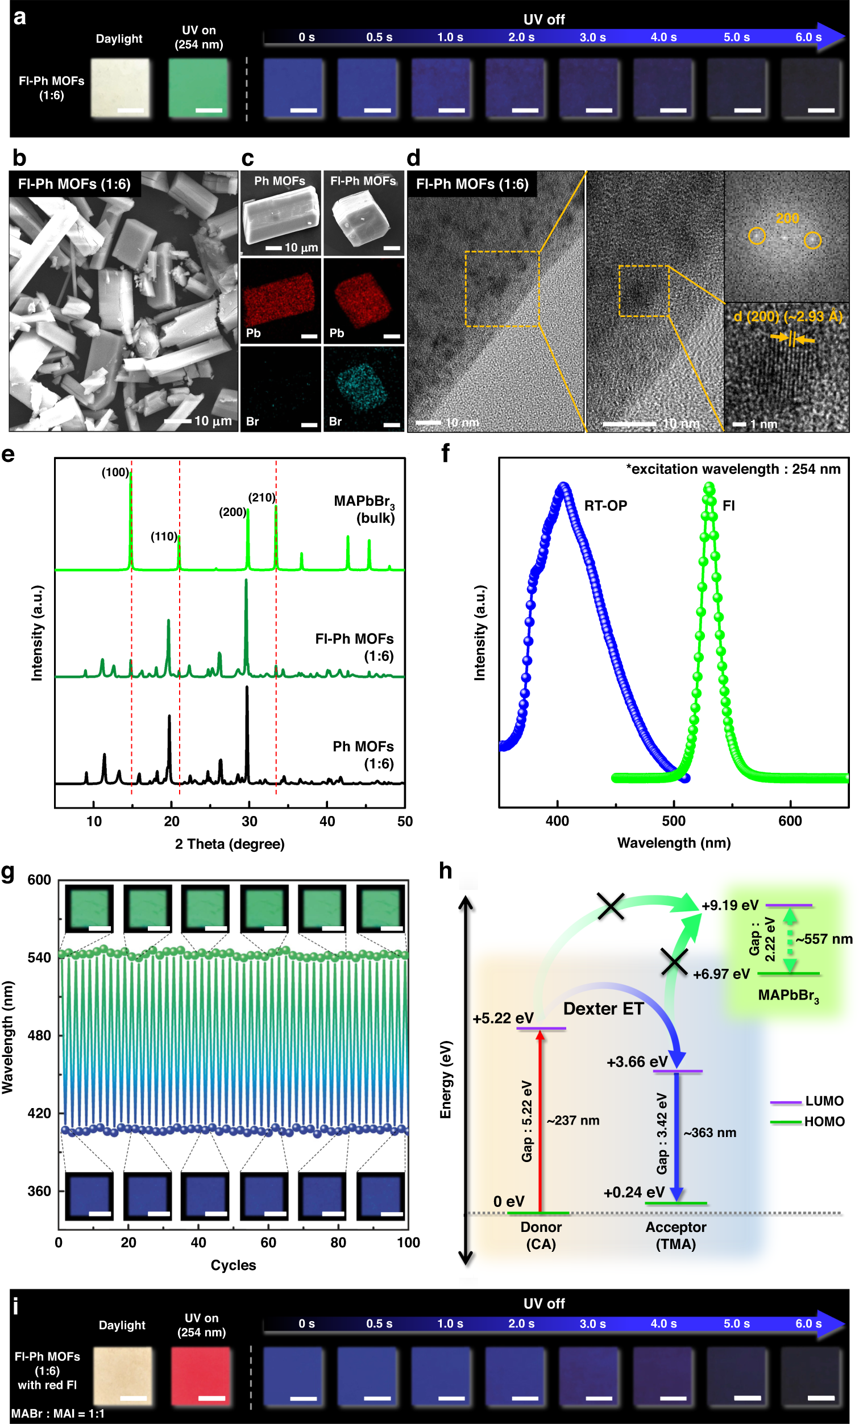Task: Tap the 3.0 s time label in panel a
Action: point(592,38)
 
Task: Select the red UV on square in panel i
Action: point(201,1374)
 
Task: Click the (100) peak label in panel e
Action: point(115,472)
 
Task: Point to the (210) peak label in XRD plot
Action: point(262,498)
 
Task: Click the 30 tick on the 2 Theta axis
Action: point(249,821)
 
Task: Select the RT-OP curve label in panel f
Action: point(605,506)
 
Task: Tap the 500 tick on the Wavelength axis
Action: point(674,821)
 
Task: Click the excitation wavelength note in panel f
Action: point(733,469)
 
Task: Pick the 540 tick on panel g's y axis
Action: point(39,957)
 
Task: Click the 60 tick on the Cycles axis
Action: point(268,1243)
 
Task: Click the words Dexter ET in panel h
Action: point(603,1009)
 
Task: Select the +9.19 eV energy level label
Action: point(729,905)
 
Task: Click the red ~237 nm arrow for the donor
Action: point(540,1121)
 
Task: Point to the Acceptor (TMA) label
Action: point(675,1235)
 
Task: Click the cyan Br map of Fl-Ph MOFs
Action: point(363,388)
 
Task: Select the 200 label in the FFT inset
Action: point(787,218)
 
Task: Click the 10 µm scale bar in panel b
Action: point(179,421)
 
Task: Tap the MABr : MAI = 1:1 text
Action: point(58,1414)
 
